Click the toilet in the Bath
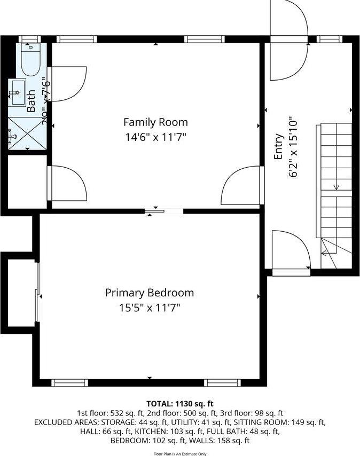[29, 59]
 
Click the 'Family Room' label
[155, 122]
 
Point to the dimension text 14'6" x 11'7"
[155, 137]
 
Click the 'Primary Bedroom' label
[149, 293]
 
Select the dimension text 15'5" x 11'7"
[149, 308]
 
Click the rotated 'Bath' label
[32, 101]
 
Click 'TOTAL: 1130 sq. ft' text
[179, 403]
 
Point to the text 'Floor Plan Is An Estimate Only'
[179, 453]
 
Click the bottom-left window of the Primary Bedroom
[69, 382]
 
